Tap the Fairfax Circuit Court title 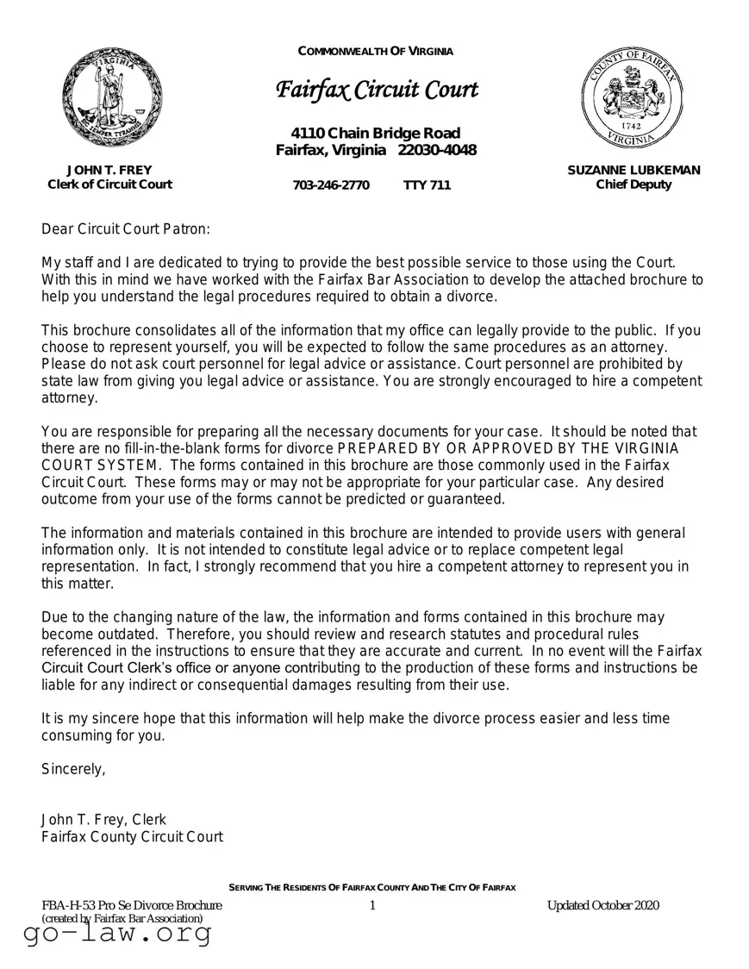[376, 90]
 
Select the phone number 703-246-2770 [331, 185]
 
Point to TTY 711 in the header [427, 185]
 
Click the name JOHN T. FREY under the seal [109, 170]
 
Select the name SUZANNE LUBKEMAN [634, 170]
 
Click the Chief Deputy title [634, 184]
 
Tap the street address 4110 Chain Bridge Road [376, 133]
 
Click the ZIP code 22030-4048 [437, 151]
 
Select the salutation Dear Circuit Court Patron [126, 229]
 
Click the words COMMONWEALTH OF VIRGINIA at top [376, 51]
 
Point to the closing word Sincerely [73, 770]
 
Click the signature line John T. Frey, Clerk [103, 819]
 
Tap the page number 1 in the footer [372, 904]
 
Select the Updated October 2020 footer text [602, 904]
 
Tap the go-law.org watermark [117, 935]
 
